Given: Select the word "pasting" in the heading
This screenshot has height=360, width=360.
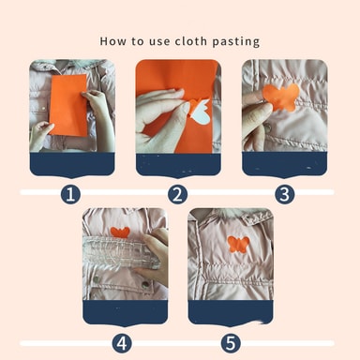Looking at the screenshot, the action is click(x=236, y=42).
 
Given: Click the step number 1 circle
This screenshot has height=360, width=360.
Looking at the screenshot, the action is click(x=70, y=194).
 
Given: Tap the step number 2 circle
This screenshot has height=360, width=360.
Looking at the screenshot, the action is click(x=177, y=194).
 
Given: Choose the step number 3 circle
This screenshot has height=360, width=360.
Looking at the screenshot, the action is click(x=285, y=194).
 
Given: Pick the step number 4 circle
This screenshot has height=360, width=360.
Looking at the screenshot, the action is click(x=122, y=343).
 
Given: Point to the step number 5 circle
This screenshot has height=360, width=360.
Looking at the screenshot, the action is click(x=231, y=343).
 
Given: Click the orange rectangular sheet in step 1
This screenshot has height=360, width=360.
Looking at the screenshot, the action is click(x=68, y=105).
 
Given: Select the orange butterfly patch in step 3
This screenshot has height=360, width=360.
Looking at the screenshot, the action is click(x=281, y=97).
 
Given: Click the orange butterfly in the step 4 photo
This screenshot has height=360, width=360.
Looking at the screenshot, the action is click(x=120, y=232).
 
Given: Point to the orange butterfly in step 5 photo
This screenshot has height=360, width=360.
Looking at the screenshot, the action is click(x=238, y=245).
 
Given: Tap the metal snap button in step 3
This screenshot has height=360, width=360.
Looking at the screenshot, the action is click(x=268, y=127).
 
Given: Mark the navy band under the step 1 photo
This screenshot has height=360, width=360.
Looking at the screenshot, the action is click(x=72, y=165).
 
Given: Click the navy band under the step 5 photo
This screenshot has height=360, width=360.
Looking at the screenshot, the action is click(x=231, y=312).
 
